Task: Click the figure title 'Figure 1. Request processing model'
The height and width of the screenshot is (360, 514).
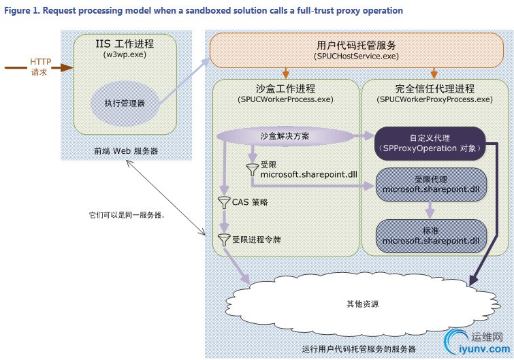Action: (x=204, y=10)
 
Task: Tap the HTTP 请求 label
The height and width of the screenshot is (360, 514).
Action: (x=39, y=67)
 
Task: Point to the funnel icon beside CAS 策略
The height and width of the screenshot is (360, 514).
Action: (x=223, y=202)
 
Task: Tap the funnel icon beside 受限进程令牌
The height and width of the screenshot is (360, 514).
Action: (x=223, y=240)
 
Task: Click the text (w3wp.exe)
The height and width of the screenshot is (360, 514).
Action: (x=126, y=54)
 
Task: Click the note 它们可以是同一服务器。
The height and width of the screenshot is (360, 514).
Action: (x=127, y=215)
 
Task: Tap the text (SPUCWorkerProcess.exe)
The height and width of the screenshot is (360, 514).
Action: (x=285, y=99)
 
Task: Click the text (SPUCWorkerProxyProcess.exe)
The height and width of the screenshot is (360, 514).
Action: (x=434, y=99)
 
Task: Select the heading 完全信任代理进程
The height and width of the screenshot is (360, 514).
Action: (x=434, y=88)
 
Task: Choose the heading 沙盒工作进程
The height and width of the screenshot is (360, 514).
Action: (x=285, y=88)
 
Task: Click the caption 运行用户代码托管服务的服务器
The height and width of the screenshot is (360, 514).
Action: (x=358, y=348)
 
